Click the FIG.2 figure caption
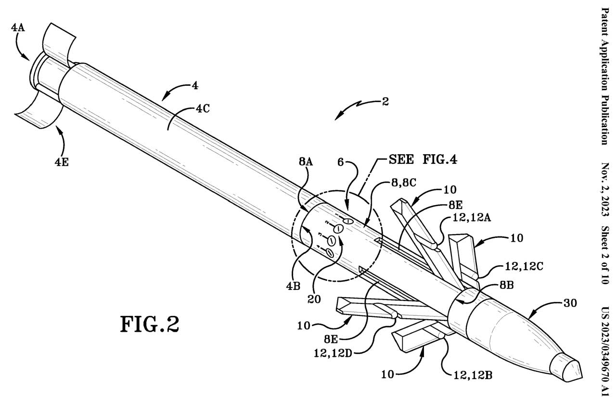[x=149, y=324]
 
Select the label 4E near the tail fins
[x=61, y=162]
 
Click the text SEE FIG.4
[x=418, y=159]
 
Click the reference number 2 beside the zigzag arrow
[x=385, y=102]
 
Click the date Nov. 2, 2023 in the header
[x=605, y=191]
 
